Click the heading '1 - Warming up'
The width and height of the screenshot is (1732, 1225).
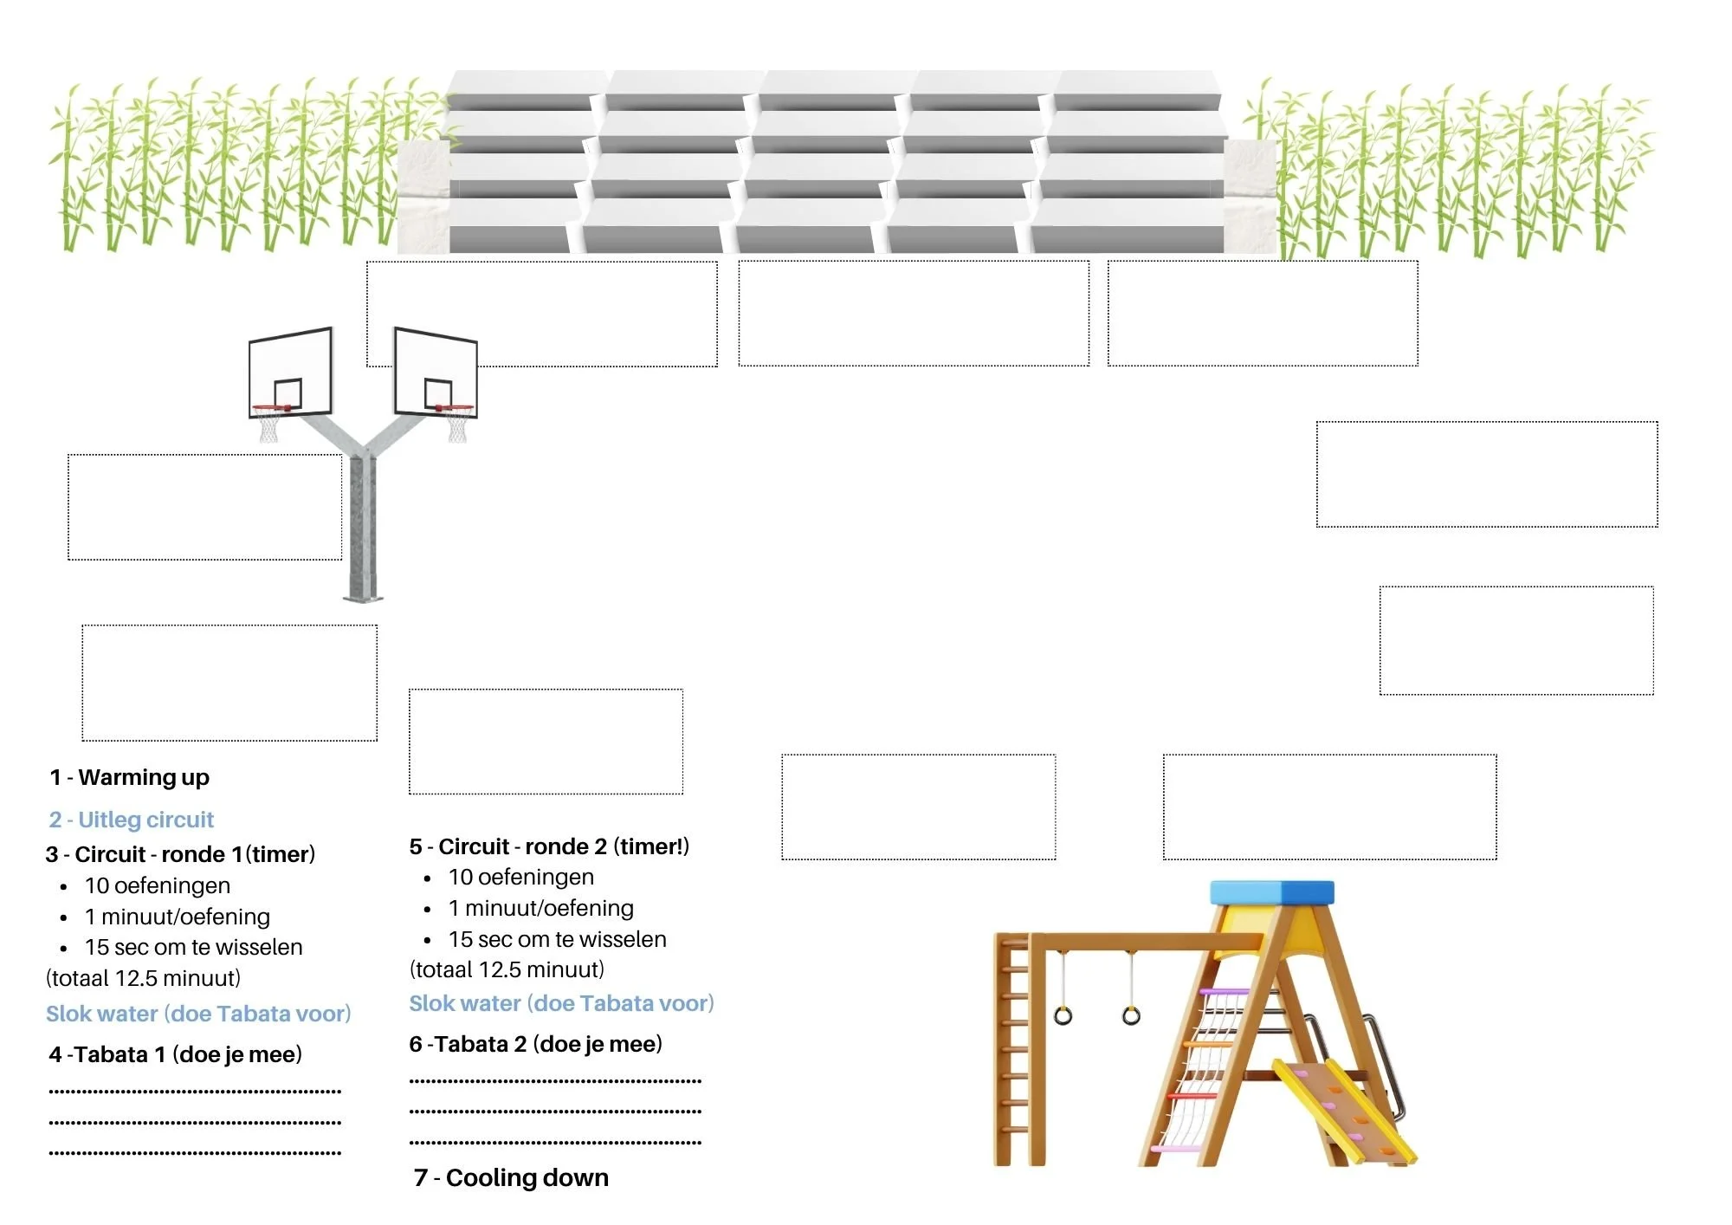(x=130, y=777)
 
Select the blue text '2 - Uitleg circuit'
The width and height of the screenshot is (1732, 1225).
(x=132, y=820)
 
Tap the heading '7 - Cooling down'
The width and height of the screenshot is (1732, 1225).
(x=512, y=1177)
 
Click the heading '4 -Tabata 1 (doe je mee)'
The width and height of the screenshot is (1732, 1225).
(x=176, y=1054)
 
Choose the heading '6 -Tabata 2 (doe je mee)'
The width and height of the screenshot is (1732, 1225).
(x=536, y=1044)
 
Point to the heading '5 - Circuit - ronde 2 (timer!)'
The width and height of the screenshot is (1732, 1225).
(x=549, y=846)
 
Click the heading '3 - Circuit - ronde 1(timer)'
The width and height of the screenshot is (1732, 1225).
(x=180, y=854)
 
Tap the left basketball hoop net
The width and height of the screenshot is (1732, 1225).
(x=268, y=425)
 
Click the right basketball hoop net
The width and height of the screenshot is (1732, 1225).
(x=457, y=425)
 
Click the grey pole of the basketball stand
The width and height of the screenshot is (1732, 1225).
(x=362, y=528)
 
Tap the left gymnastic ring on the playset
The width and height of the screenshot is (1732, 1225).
(x=1063, y=1015)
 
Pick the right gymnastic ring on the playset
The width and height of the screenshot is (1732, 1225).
(x=1131, y=1015)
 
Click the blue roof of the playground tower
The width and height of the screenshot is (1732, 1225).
(x=1271, y=892)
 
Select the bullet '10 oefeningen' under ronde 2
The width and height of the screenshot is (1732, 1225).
(x=520, y=878)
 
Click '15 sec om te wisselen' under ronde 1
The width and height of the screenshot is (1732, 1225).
(x=193, y=947)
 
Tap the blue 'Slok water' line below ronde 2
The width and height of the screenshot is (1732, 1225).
(x=561, y=1003)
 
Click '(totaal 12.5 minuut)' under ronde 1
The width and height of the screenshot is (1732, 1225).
(x=143, y=978)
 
